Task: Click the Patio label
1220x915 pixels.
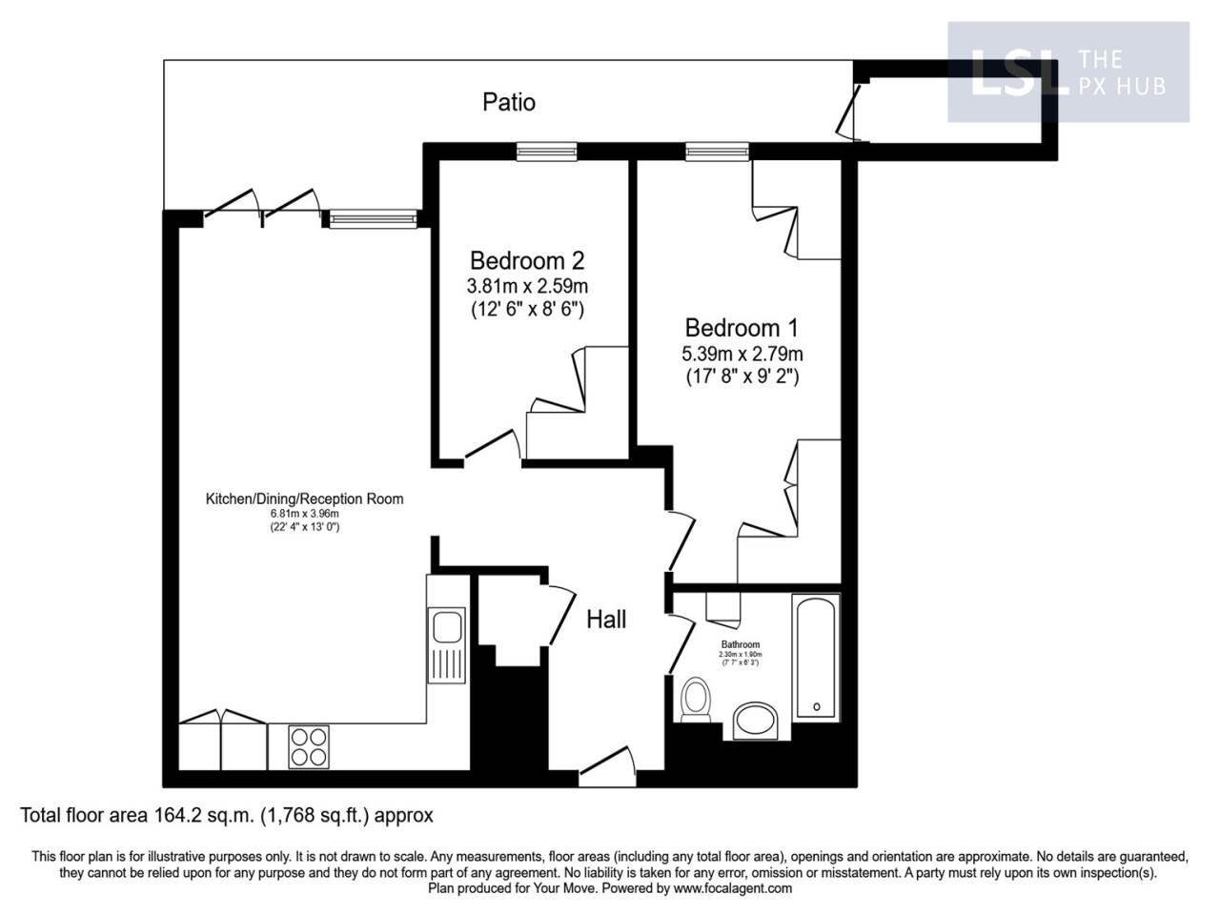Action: (x=508, y=102)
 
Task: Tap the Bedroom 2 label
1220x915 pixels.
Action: (x=526, y=260)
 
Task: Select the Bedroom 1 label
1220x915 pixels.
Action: (x=742, y=328)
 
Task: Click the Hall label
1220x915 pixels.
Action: (x=605, y=620)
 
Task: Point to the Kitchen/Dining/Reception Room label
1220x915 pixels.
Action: (x=305, y=498)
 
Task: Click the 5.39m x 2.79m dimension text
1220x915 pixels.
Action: (x=742, y=354)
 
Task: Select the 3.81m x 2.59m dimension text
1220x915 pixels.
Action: (x=526, y=286)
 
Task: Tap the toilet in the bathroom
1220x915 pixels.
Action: (x=697, y=700)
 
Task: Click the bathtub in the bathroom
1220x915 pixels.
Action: (x=816, y=657)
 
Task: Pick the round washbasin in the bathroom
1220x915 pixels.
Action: (x=758, y=721)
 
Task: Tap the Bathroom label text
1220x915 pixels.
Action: (x=740, y=645)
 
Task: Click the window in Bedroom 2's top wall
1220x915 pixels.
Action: (x=547, y=150)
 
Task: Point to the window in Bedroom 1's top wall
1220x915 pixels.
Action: (x=717, y=150)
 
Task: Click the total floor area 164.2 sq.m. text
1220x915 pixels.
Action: (x=227, y=816)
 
